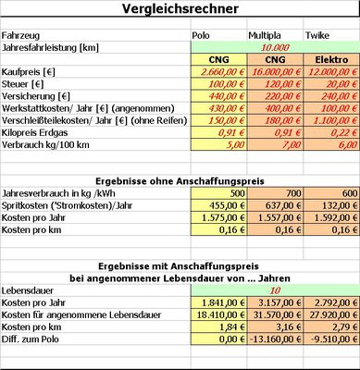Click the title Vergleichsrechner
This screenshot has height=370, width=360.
(179, 9)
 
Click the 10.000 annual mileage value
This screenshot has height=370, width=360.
(272, 46)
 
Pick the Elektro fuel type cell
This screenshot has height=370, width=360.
(330, 58)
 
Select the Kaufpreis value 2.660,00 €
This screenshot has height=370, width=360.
(217, 70)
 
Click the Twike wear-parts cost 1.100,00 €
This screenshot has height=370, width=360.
(329, 118)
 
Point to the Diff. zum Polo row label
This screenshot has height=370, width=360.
(35, 339)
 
